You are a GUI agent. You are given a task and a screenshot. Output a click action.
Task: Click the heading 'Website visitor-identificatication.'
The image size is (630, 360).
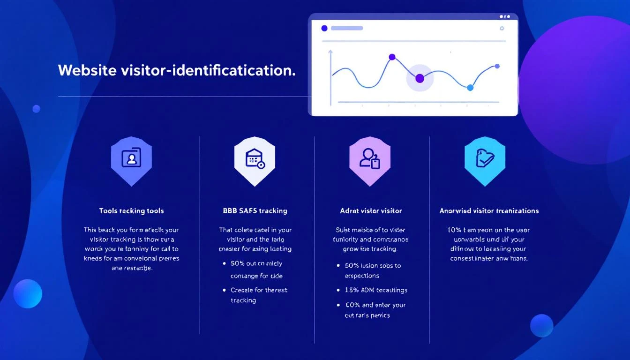coord(177,70)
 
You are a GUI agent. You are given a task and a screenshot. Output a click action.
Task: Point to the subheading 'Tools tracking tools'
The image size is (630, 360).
coord(131,211)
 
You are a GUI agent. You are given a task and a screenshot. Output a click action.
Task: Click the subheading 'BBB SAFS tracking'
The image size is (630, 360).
coord(255,211)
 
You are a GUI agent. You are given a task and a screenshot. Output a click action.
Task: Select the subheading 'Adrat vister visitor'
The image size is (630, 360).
coord(371,211)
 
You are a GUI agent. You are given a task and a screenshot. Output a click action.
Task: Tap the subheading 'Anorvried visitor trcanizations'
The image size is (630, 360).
coord(489,211)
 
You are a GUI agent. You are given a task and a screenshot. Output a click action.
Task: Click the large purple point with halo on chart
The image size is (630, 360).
coord(420,78)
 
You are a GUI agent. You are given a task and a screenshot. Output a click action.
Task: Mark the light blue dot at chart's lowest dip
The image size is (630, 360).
coord(470,88)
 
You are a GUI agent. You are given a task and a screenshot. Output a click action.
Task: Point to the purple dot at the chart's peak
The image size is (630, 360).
coord(392,57)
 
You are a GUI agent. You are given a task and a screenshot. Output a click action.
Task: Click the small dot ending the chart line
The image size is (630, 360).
coord(497,66)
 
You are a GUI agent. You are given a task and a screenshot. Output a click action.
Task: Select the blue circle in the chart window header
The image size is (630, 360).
coord(324,28)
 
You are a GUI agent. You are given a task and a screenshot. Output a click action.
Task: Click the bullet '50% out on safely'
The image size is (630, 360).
coord(256,263)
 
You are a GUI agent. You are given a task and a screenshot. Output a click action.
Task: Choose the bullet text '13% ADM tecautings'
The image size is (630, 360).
coord(376,290)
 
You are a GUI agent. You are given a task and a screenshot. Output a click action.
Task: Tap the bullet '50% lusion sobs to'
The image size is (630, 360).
coord(373,265)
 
